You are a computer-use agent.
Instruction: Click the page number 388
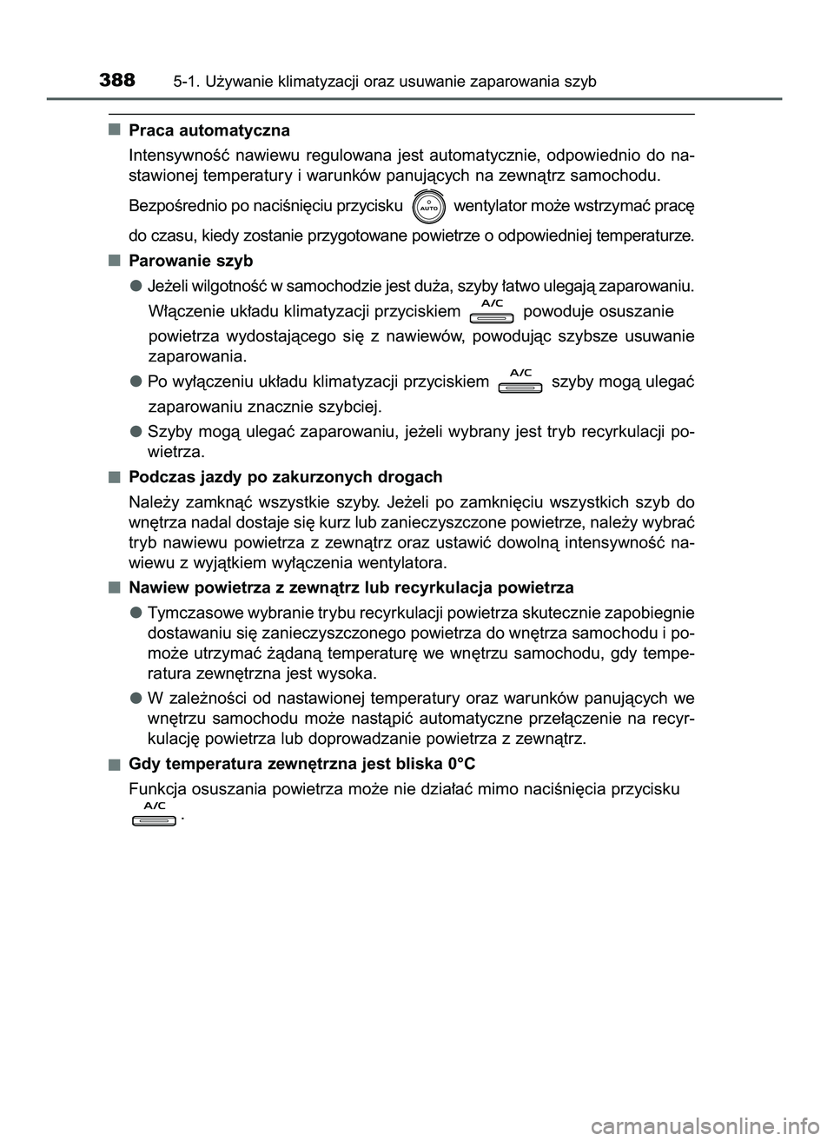coord(117,81)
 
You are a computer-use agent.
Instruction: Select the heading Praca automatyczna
coord(208,130)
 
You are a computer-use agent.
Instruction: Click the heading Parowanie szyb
coord(190,261)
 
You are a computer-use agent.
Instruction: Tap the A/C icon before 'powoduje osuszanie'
coord(492,311)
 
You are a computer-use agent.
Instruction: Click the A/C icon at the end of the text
coord(155,814)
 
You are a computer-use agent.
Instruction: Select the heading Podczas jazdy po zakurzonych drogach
coord(285,477)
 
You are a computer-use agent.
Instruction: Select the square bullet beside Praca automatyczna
coord(115,130)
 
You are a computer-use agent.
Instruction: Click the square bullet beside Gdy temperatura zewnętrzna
coord(115,764)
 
